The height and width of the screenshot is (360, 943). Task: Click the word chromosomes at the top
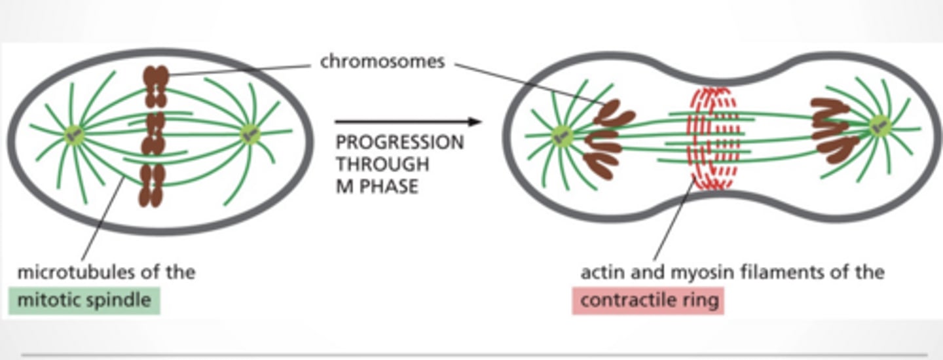click(x=382, y=62)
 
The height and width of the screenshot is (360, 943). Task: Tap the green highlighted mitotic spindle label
click(x=84, y=300)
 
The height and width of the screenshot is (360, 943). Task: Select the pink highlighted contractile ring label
click(x=648, y=300)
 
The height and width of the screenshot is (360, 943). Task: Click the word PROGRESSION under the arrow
click(x=399, y=142)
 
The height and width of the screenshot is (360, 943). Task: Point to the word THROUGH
click(x=382, y=164)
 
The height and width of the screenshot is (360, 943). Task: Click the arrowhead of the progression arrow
click(x=475, y=122)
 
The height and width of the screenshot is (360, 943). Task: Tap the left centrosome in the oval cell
click(x=75, y=135)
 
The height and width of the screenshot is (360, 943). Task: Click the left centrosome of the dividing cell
click(x=563, y=136)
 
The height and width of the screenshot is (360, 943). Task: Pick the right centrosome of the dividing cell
click(x=879, y=126)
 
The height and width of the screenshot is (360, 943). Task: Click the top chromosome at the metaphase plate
click(x=156, y=86)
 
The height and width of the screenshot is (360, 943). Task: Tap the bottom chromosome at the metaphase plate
click(x=152, y=185)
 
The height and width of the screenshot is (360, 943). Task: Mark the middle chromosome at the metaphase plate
click(x=153, y=134)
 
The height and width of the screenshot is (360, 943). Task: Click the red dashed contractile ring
click(x=712, y=138)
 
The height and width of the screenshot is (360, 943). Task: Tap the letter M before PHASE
click(x=344, y=187)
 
